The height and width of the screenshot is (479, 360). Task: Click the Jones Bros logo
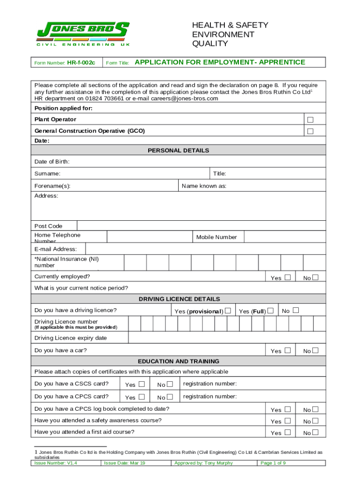[x=83, y=34]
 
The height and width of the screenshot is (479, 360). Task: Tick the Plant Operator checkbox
[x=310, y=120]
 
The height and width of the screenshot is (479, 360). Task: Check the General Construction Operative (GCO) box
[x=310, y=131]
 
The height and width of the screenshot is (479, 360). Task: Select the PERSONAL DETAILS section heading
[x=179, y=151]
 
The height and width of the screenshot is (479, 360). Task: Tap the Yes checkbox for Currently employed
[x=288, y=277]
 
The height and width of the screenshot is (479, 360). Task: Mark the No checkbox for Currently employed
[x=316, y=277]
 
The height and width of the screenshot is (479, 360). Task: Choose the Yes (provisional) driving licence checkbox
[x=228, y=311]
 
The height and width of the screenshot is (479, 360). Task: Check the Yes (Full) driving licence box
[x=270, y=311]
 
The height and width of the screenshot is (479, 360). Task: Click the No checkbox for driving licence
[x=295, y=311]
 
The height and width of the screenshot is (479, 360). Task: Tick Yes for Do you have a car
[x=288, y=350]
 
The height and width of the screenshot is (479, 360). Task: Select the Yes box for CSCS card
[x=142, y=385]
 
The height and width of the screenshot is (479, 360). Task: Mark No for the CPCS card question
[x=170, y=397]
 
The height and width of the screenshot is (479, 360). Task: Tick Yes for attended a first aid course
[x=288, y=432]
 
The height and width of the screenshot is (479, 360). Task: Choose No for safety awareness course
[x=316, y=421]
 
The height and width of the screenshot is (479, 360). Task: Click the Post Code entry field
[x=201, y=226]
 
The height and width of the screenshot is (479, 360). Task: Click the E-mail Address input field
[x=206, y=249]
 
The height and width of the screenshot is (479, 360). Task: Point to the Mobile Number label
[x=216, y=237]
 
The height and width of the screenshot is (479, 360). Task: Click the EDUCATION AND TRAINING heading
[x=179, y=362]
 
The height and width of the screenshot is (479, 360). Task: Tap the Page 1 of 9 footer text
[x=273, y=463]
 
